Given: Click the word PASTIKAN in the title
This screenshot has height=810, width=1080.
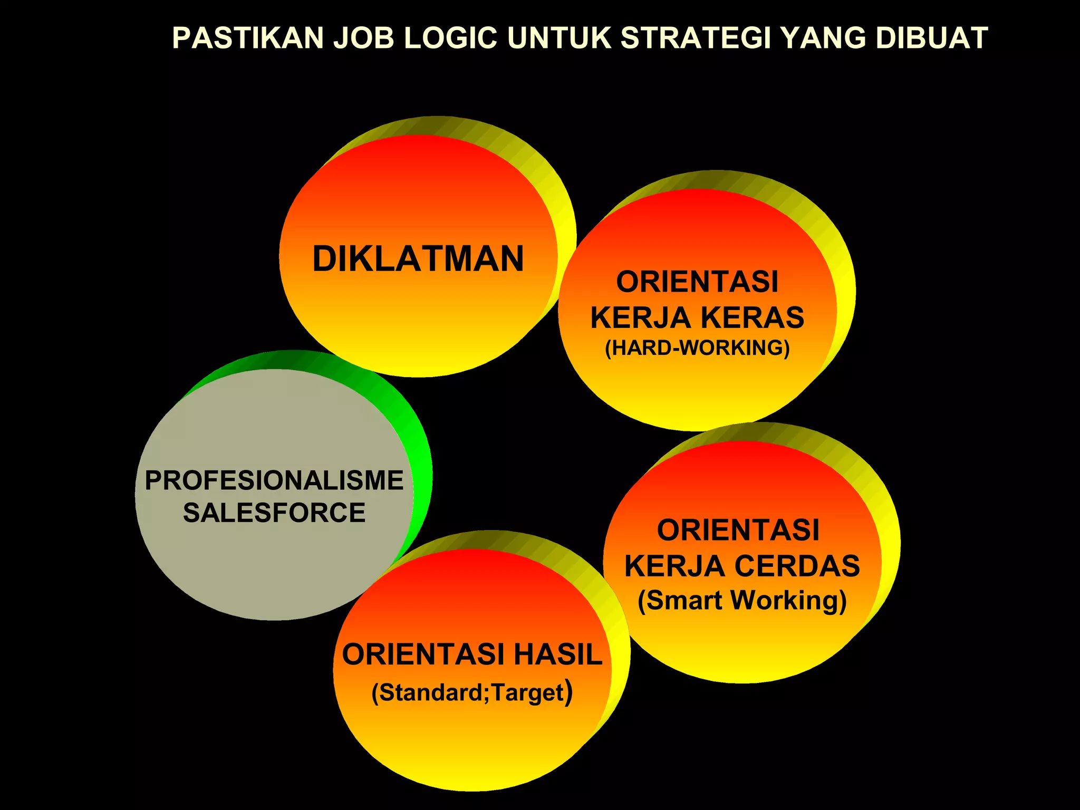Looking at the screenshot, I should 248,38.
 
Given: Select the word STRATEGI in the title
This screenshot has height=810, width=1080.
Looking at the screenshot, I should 695,38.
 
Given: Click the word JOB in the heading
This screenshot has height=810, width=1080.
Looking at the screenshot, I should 363,38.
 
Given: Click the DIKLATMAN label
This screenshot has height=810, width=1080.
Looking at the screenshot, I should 418,259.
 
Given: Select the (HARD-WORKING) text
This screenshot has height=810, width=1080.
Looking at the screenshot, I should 697,348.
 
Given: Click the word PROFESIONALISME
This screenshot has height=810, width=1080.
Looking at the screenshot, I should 274,480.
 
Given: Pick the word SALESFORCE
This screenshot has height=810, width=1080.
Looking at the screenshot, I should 274,513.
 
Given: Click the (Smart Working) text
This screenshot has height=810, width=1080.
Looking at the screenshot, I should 742,600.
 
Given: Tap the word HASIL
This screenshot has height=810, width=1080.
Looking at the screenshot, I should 558,654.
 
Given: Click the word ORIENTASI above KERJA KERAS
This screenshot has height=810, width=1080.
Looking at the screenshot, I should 697,282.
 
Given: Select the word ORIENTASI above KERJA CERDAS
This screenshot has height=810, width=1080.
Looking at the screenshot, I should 738,530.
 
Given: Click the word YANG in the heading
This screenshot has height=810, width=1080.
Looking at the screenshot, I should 823,38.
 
